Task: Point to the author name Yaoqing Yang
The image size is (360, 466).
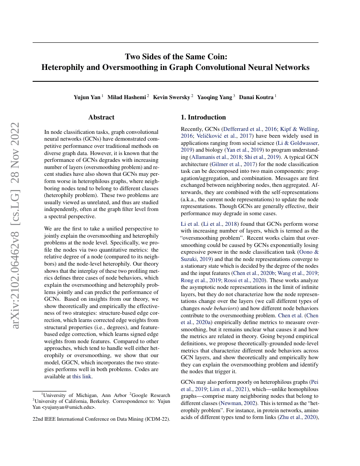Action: (x=215, y=97)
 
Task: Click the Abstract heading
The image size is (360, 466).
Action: (x=101, y=117)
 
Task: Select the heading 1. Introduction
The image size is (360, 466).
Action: (x=203, y=117)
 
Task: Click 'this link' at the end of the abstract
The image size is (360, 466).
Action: (x=82, y=376)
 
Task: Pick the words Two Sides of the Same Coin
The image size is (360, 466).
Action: (x=175, y=56)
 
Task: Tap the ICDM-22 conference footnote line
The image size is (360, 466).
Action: (x=101, y=419)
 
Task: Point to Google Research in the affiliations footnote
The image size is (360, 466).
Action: (x=151, y=395)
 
